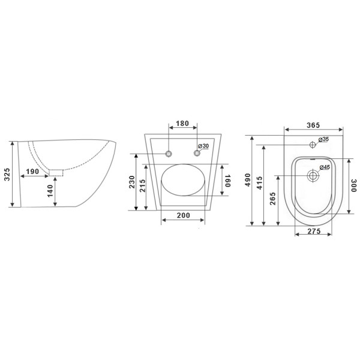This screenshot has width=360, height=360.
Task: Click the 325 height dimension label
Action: click(7, 174)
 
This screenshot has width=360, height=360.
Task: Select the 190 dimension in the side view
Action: click(32, 172)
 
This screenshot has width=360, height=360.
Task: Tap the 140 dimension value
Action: click(50, 191)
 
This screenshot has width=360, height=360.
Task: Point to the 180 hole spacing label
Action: click(182, 124)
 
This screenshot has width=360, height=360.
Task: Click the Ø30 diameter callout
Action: click(203, 146)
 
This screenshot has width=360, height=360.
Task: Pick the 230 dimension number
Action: click(131, 182)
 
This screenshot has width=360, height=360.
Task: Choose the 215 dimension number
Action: click(142, 186)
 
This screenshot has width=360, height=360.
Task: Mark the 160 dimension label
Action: click(227, 181)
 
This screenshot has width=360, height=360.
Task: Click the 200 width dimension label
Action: click(184, 215)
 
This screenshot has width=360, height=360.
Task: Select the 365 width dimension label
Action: click(313, 125)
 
